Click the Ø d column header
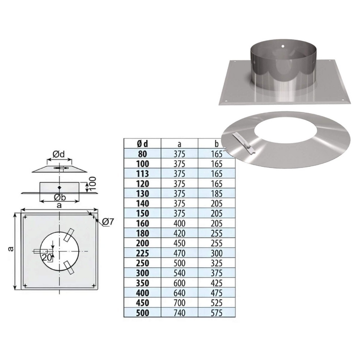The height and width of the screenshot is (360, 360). point(142,144)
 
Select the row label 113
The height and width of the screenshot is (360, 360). point(142,174)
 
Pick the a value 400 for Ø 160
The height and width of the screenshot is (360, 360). point(179,223)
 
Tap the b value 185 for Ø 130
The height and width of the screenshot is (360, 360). point(217,193)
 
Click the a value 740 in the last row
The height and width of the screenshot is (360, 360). point(179,313)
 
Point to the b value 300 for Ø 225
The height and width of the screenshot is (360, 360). point(217,253)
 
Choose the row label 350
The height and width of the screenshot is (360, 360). point(142,283)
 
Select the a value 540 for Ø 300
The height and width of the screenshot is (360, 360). point(179,273)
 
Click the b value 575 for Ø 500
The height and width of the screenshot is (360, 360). point(217,313)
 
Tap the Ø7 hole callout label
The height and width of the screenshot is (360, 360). point(108,222)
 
